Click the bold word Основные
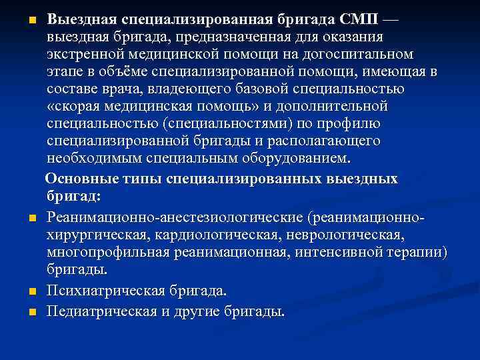click(x=77, y=179)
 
